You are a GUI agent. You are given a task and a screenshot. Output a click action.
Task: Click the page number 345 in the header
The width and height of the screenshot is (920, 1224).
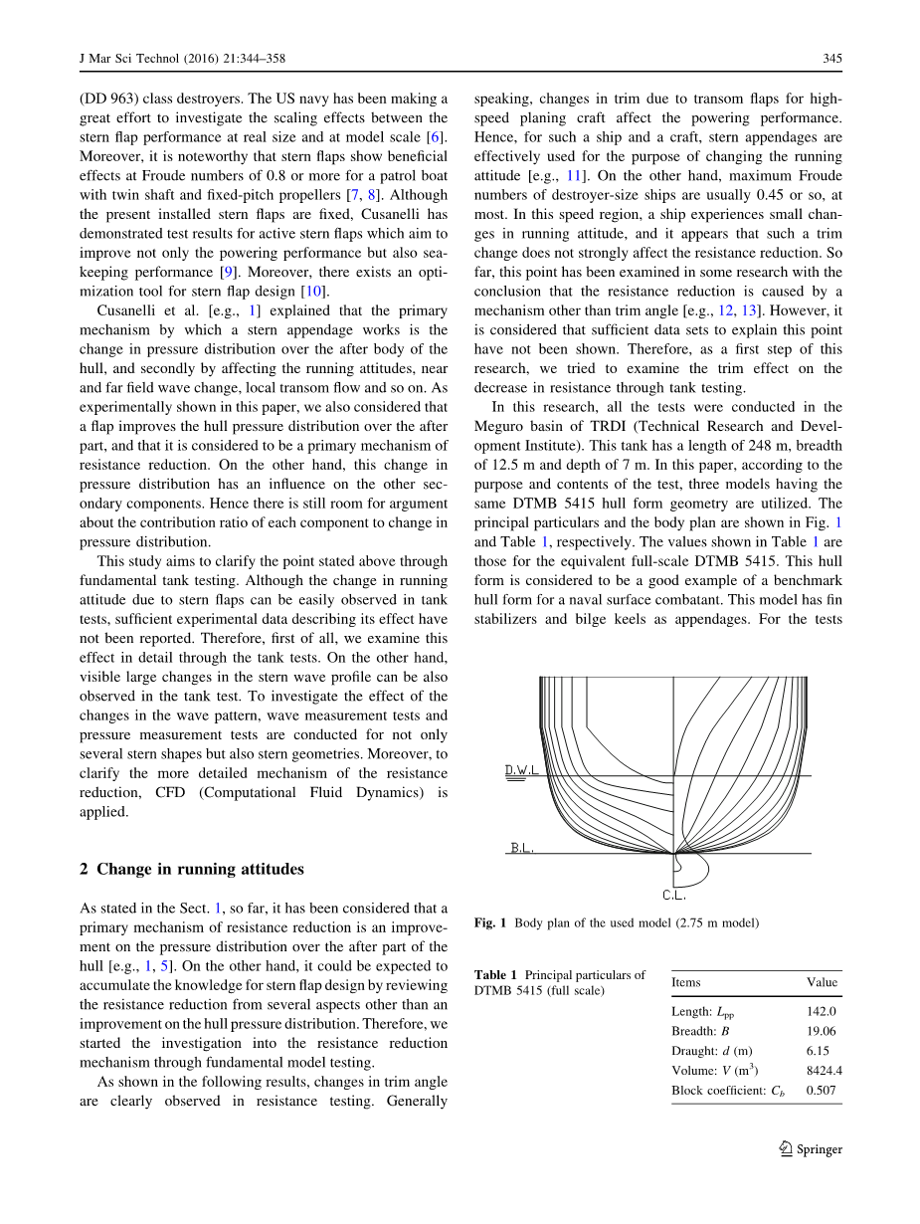(x=832, y=59)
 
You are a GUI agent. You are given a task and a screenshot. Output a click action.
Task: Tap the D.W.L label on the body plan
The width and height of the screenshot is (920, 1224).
(x=521, y=771)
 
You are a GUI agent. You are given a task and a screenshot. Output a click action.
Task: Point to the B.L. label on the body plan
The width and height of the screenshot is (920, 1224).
(x=522, y=848)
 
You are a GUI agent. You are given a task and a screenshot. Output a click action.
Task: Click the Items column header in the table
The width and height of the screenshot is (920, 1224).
(x=686, y=982)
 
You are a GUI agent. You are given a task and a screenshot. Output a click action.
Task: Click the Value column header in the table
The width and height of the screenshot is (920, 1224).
(x=822, y=982)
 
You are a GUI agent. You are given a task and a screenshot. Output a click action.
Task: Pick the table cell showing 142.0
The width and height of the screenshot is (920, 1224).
(x=821, y=1011)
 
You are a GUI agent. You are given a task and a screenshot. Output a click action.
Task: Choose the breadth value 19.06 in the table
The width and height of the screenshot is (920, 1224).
(x=821, y=1031)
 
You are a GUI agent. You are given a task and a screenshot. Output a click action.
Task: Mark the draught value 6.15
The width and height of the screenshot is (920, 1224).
(x=818, y=1051)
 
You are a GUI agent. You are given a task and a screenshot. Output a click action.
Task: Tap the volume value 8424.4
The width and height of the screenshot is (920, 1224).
(x=824, y=1071)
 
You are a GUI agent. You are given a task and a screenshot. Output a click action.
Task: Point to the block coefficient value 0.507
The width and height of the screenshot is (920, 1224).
(x=821, y=1091)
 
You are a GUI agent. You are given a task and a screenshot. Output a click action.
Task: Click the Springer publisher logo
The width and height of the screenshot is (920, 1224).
(x=808, y=1149)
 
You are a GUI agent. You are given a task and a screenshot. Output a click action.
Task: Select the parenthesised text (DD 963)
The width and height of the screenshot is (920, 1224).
(x=109, y=99)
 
